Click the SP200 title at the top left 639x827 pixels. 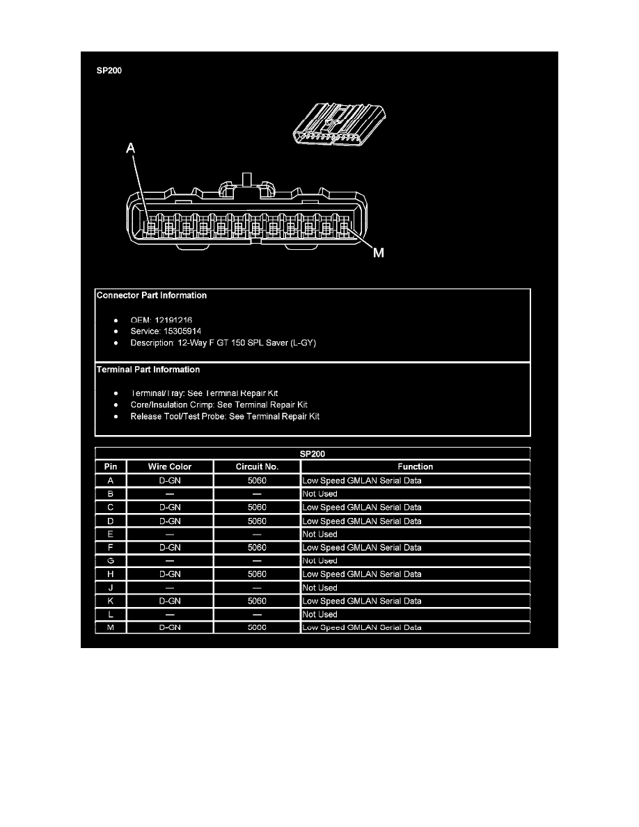(x=109, y=71)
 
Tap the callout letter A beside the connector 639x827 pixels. (x=131, y=148)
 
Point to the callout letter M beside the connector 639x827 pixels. (x=379, y=253)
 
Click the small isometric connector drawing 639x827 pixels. (x=339, y=125)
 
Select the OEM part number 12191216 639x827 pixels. (x=173, y=320)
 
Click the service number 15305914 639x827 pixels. (x=182, y=331)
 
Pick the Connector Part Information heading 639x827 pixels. (x=152, y=295)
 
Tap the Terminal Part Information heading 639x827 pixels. (x=148, y=370)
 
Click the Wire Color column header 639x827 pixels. (x=170, y=467)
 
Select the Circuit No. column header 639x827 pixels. (x=257, y=467)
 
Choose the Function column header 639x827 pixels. (x=415, y=467)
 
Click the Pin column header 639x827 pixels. (x=111, y=467)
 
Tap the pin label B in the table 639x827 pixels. (x=111, y=494)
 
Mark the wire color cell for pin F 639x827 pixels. (x=170, y=547)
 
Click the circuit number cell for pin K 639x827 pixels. (x=257, y=601)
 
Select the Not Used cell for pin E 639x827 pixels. (x=319, y=535)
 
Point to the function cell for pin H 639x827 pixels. (x=362, y=574)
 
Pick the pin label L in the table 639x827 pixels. (x=111, y=615)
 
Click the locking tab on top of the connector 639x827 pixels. (x=246, y=180)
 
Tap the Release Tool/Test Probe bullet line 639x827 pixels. (x=225, y=417)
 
